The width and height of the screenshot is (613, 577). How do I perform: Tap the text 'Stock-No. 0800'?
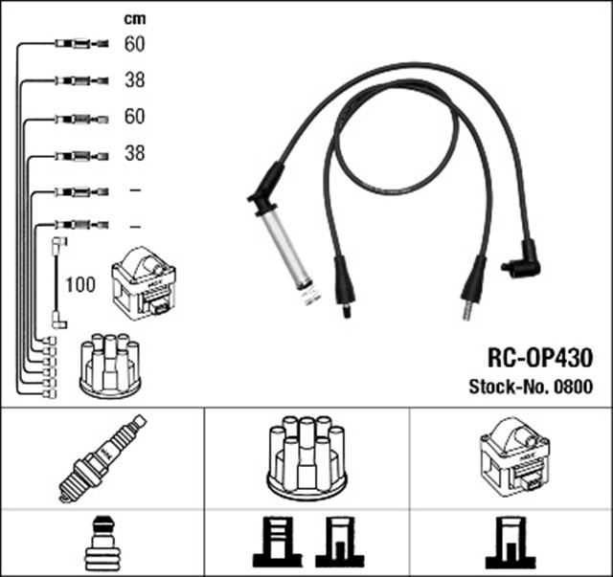coord(530,388)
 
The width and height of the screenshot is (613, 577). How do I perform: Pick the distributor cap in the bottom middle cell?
coord(307,457)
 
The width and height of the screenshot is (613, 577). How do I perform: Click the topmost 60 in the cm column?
coord(135,43)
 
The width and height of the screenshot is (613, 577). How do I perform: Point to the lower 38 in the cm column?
coord(135,153)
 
